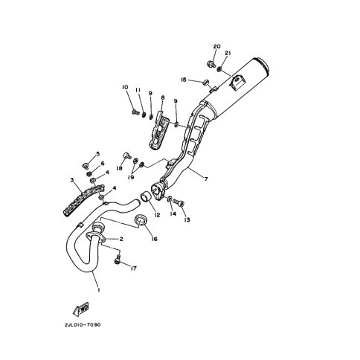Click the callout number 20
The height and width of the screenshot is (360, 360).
click(x=216, y=46)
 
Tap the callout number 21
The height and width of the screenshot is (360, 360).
click(x=228, y=53)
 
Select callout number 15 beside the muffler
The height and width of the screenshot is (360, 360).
click(x=184, y=80)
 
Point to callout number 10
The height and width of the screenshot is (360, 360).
click(x=125, y=87)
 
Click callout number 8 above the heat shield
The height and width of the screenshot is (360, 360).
click(x=163, y=97)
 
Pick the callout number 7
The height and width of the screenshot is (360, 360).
click(x=206, y=179)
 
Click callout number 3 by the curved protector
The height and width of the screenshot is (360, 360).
click(x=72, y=180)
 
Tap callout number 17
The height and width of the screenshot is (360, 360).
click(x=134, y=269)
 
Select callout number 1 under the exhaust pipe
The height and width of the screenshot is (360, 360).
click(x=99, y=289)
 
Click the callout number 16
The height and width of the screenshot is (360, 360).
click(x=154, y=239)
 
